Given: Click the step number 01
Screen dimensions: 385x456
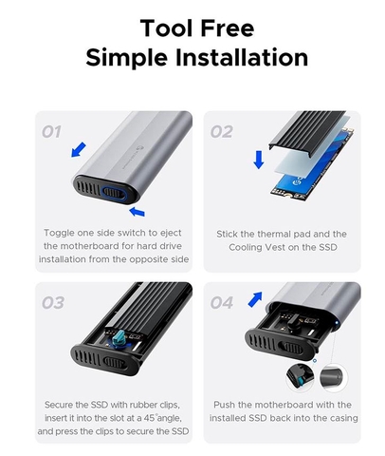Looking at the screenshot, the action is (x=51, y=132).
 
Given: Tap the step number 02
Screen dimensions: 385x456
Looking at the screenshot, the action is (x=222, y=132).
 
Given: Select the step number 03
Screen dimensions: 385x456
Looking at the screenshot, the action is (x=53, y=303).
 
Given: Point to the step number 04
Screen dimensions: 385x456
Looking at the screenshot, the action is (x=222, y=303).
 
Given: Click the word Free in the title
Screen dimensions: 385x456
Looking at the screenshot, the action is (x=228, y=28).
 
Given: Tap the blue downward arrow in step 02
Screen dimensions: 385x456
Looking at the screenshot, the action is (x=259, y=160).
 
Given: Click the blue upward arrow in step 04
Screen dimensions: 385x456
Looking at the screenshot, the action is (x=255, y=299).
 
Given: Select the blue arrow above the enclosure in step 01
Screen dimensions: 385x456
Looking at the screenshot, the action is (x=79, y=149).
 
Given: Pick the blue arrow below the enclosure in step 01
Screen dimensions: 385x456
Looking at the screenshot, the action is (x=137, y=212).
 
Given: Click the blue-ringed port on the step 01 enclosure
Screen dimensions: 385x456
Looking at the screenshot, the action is (x=114, y=193).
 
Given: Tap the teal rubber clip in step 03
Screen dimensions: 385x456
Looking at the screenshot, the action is (x=120, y=339).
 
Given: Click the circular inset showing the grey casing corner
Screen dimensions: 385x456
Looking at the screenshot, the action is (x=333, y=377).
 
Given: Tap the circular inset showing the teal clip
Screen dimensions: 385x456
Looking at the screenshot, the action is (x=300, y=377).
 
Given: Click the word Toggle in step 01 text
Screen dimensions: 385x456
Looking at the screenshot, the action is (x=59, y=233).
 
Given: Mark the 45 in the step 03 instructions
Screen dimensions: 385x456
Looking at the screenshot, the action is (x=149, y=418).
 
